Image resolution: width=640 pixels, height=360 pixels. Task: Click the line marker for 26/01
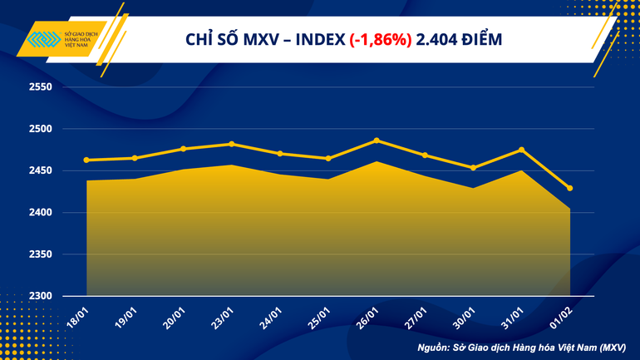click(x=377, y=141)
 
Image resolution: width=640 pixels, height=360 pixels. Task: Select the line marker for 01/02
click(x=569, y=188)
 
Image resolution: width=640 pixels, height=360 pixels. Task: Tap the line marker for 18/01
click(x=87, y=160)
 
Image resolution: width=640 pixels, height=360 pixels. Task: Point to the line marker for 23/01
click(x=232, y=144)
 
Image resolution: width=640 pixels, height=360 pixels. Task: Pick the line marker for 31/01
click(x=521, y=150)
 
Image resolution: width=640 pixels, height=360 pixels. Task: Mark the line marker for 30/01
click(x=473, y=168)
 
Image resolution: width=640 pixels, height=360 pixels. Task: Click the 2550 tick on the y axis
click(x=40, y=87)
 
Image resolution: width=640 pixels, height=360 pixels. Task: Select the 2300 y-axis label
click(x=40, y=296)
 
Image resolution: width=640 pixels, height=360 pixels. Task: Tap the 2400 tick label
click(x=40, y=213)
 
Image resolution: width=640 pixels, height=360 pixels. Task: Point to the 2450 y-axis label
click(x=40, y=171)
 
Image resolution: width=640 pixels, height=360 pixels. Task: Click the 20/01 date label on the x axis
click(x=176, y=316)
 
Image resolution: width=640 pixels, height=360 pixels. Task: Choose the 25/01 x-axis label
click(x=321, y=316)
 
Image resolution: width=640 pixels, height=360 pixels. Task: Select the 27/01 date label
click(x=417, y=316)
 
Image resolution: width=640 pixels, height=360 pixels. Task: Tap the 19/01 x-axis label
click(x=128, y=316)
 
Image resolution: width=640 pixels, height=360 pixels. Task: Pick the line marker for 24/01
click(x=280, y=154)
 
